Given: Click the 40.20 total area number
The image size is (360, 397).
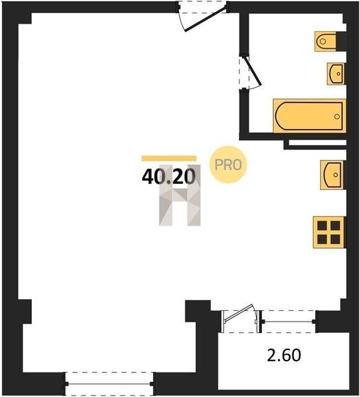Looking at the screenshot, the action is click(169, 176).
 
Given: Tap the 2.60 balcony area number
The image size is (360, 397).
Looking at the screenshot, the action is click(284, 355).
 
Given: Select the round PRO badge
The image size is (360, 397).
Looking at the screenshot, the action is click(228, 165).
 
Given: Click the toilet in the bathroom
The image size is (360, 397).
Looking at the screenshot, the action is click(326, 41).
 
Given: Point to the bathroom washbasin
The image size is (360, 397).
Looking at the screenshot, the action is click(336, 73).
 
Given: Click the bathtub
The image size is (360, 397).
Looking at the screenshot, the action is click(309, 116).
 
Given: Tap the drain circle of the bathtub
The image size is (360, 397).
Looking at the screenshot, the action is click(337, 116).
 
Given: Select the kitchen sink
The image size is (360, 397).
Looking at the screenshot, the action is click(332, 175).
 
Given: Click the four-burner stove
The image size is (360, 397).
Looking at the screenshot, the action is click(329, 232).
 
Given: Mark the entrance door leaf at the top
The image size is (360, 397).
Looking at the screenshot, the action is click(206, 19).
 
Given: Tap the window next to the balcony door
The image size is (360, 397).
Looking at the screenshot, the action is click(289, 322).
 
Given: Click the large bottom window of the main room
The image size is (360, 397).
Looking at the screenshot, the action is click(109, 384).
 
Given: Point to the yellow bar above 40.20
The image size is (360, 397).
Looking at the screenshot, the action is click(169, 158).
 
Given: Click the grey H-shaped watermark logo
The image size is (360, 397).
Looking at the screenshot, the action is click(180, 195).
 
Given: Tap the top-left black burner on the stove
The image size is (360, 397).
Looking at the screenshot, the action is click(322, 225).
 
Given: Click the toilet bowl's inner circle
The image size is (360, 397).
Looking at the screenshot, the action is click(322, 41).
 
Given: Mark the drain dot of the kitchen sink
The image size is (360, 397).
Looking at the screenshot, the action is click(336, 175).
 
